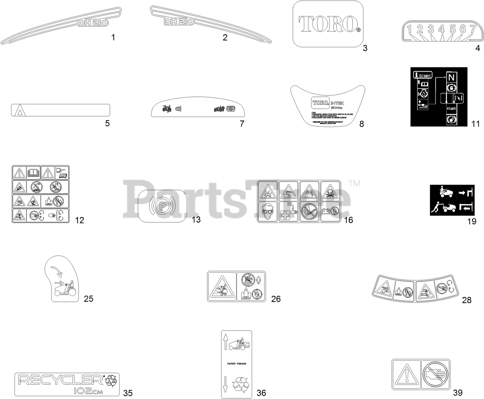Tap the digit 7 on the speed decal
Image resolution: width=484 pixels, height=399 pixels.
473,29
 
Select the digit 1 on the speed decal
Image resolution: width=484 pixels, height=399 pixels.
410,29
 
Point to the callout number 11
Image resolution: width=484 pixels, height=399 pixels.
476,124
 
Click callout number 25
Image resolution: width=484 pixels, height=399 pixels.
88,298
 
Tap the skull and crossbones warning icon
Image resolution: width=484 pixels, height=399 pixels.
330,191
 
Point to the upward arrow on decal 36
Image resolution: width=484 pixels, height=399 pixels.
226,342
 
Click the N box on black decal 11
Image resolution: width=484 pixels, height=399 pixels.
451,77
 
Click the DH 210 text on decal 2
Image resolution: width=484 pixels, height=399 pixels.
179,22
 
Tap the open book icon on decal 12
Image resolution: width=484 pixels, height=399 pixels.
33,172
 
